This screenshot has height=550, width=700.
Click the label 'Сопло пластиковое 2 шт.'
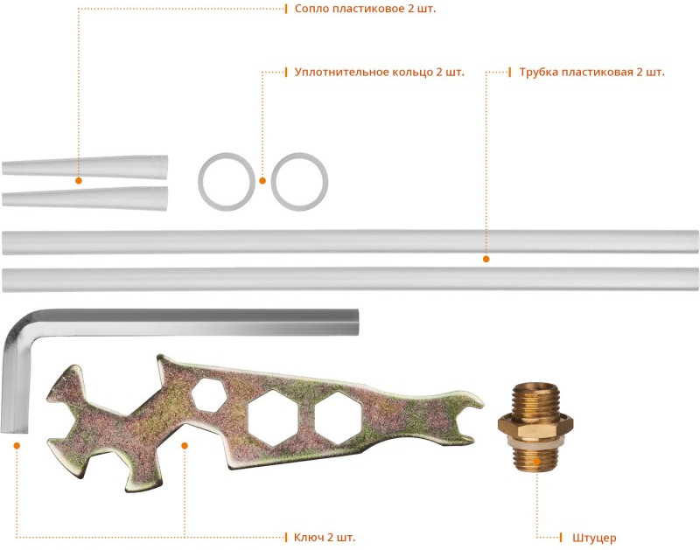[x=365, y=9]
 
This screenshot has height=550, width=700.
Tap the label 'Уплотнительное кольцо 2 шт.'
[x=380, y=72]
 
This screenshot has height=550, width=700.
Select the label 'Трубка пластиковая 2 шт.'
[x=592, y=72]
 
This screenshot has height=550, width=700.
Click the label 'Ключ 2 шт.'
[x=325, y=537]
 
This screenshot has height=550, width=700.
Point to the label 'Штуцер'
[x=594, y=538]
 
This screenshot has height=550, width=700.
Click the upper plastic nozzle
[x=85, y=167]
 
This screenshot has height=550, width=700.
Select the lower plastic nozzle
[x=85, y=198]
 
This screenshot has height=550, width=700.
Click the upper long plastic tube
[x=350, y=241]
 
